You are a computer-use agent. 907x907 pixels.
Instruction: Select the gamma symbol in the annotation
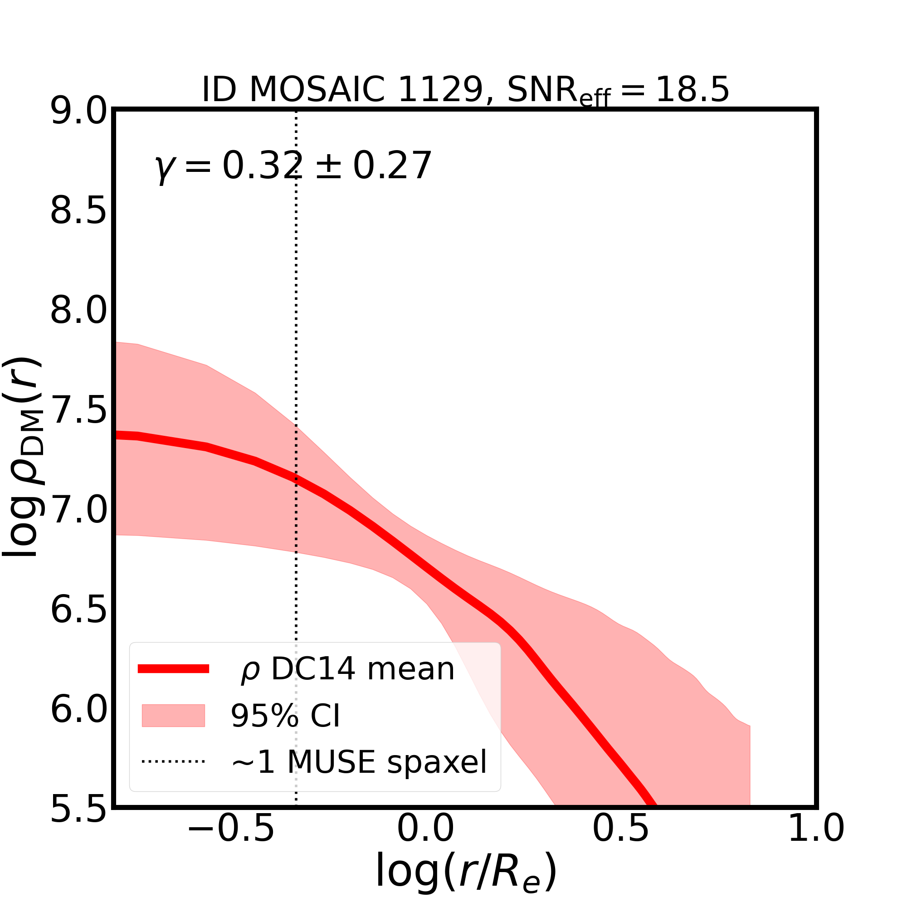[164, 168]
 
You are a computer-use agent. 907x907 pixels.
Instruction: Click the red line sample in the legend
[173, 669]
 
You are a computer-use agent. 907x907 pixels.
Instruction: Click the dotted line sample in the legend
[173, 761]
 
